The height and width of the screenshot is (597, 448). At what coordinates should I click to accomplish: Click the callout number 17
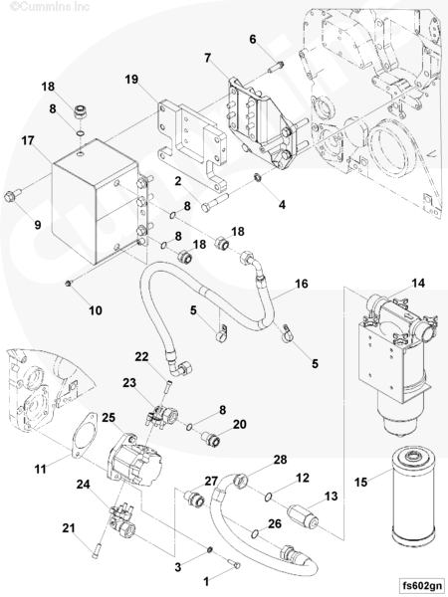click(28, 141)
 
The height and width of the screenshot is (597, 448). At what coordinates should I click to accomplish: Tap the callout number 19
click(131, 80)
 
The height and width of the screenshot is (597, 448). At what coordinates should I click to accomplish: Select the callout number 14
click(418, 283)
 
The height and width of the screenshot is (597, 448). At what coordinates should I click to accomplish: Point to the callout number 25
click(109, 418)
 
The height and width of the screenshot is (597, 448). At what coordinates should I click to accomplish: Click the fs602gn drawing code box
click(422, 585)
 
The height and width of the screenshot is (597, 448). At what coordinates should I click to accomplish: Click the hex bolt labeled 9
click(12, 195)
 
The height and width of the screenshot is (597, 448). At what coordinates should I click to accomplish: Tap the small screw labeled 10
click(69, 283)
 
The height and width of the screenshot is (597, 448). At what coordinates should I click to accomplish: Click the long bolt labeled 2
click(214, 202)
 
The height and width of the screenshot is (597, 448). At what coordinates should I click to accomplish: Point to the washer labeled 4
click(257, 177)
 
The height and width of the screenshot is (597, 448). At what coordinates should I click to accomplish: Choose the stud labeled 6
click(275, 67)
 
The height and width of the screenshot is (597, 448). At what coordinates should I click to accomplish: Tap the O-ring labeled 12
click(268, 497)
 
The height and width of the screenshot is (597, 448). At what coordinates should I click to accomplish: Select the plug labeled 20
click(211, 439)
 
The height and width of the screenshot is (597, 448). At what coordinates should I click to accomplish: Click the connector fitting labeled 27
click(194, 498)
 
